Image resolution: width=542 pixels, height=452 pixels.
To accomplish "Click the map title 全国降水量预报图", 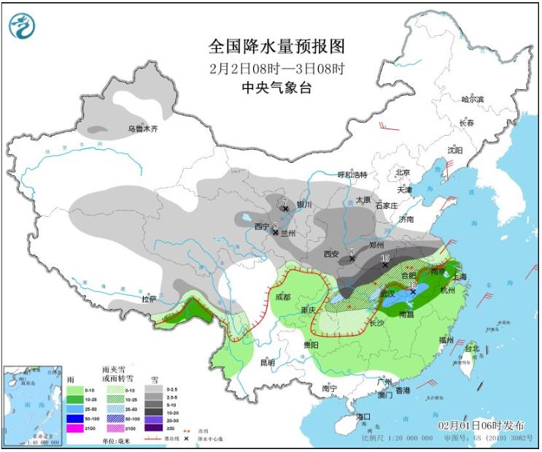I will (276, 47).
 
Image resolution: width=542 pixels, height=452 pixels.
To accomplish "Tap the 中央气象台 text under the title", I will (276, 88).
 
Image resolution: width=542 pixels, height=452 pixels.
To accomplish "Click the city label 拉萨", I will (149, 299).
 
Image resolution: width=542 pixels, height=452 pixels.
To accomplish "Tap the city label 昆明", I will (268, 362).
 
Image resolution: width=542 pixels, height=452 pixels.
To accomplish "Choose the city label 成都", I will (282, 297).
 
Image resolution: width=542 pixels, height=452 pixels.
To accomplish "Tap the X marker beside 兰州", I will (275, 232).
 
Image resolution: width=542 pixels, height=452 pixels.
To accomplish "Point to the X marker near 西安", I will (352, 258).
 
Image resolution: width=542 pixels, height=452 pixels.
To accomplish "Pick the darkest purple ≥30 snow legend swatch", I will (154, 428).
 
